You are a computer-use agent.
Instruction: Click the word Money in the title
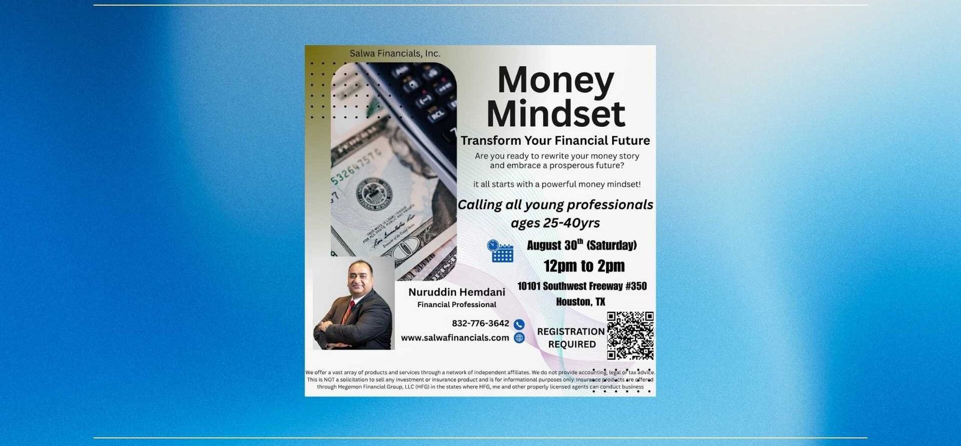click(556, 81)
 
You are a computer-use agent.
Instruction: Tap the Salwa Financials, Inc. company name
click(395, 53)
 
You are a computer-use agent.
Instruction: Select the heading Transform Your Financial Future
click(555, 141)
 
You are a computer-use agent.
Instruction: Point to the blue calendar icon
click(500, 251)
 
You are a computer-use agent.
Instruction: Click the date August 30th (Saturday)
click(582, 245)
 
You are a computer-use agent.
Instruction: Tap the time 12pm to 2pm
click(584, 266)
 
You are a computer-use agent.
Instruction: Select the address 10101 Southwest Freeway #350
click(582, 286)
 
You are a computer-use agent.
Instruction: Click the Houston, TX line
click(580, 302)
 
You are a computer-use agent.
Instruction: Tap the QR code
click(630, 335)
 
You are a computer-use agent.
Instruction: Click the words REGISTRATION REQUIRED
click(571, 338)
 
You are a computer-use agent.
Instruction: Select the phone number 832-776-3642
click(480, 323)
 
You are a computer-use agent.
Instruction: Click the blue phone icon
click(519, 325)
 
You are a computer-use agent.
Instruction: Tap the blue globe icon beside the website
click(519, 338)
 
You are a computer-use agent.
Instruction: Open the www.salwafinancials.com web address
click(455, 338)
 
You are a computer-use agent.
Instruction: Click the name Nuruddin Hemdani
click(456, 292)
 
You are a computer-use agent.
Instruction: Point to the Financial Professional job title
click(456, 304)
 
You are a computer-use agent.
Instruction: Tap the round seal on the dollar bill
click(374, 194)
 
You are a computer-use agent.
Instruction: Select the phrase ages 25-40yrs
click(555, 223)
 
